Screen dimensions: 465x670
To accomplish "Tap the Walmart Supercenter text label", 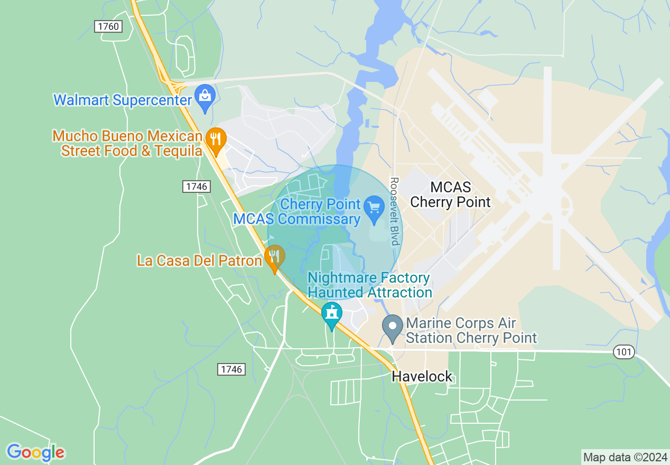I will pyautogui.click(x=123, y=100).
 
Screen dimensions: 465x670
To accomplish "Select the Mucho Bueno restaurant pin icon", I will pyautogui.click(x=216, y=139).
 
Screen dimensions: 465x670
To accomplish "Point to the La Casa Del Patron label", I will pyautogui.click(x=199, y=261).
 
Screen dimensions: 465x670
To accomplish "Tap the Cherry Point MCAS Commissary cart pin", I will pyautogui.click(x=374, y=208).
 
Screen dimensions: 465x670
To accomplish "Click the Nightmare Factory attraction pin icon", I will pyautogui.click(x=331, y=314).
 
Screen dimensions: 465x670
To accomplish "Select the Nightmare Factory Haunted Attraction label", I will pyautogui.click(x=370, y=285).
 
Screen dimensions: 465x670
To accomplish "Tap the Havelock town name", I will pyautogui.click(x=422, y=376).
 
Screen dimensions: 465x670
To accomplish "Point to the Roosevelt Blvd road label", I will pyautogui.click(x=394, y=211).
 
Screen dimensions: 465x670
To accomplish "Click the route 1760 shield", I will pyautogui.click(x=108, y=26).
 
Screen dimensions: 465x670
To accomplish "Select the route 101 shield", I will pyautogui.click(x=624, y=352).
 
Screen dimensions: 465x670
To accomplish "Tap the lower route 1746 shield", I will pyautogui.click(x=231, y=369).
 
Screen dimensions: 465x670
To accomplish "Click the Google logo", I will pyautogui.click(x=35, y=452).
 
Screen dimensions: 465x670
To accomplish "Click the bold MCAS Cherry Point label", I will pyautogui.click(x=450, y=194).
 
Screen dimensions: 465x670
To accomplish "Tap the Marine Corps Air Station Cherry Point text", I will pyautogui.click(x=470, y=331).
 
